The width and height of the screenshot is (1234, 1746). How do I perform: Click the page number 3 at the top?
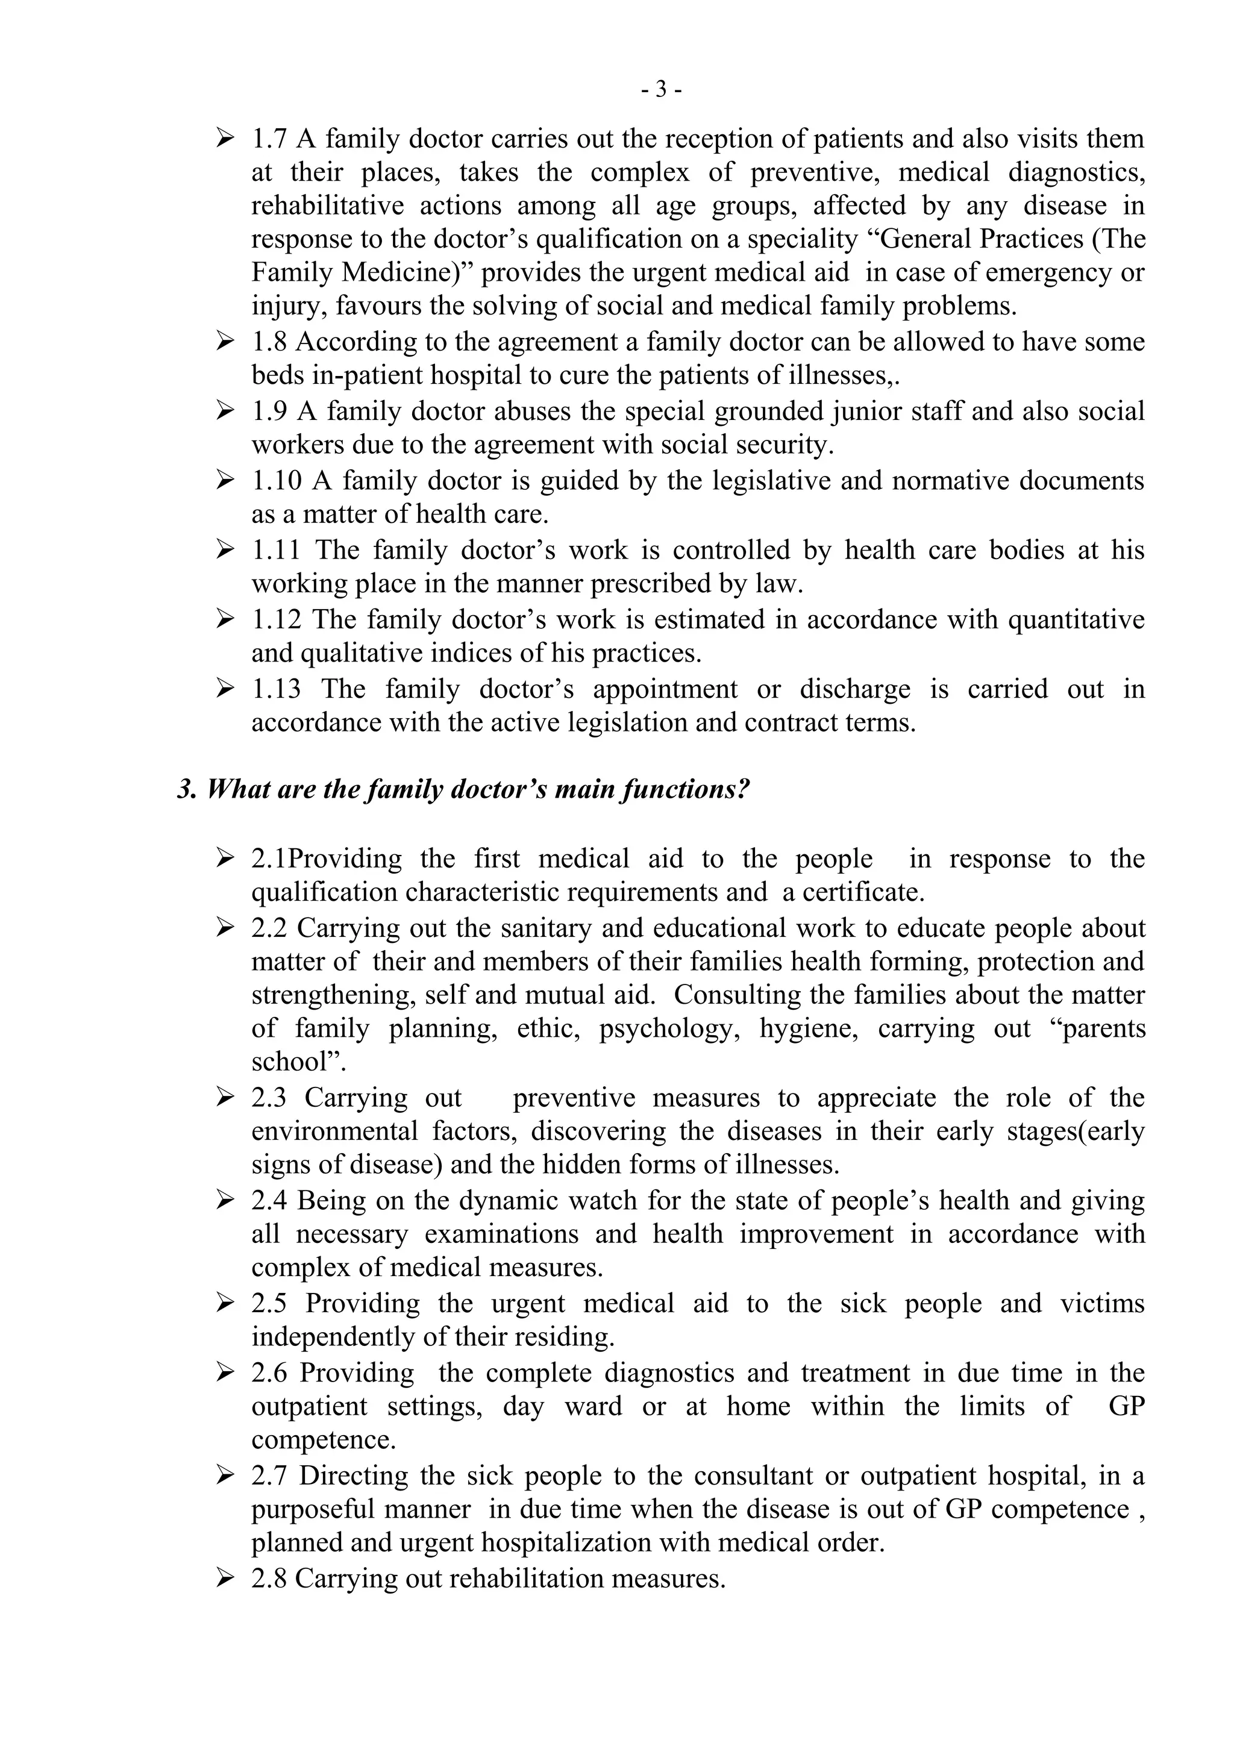point(661,90)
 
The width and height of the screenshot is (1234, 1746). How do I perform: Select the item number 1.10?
point(277,481)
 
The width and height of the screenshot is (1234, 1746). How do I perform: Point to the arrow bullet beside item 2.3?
point(225,1097)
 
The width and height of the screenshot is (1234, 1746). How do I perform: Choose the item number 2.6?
point(269,1372)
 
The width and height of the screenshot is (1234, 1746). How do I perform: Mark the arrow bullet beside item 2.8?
point(225,1579)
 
